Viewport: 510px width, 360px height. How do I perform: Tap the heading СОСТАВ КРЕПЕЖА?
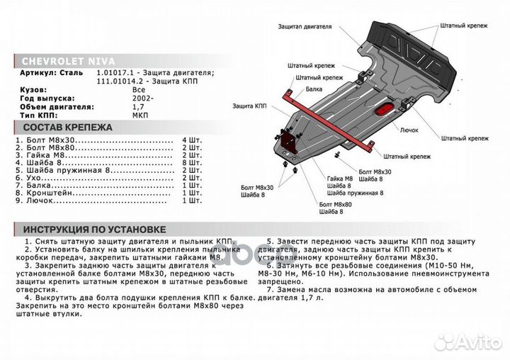tap(63, 128)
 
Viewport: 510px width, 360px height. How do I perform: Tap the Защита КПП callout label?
tap(249, 105)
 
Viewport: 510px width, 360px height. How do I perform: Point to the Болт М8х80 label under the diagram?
tap(336, 204)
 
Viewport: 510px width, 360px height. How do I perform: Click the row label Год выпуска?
tap(41, 99)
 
